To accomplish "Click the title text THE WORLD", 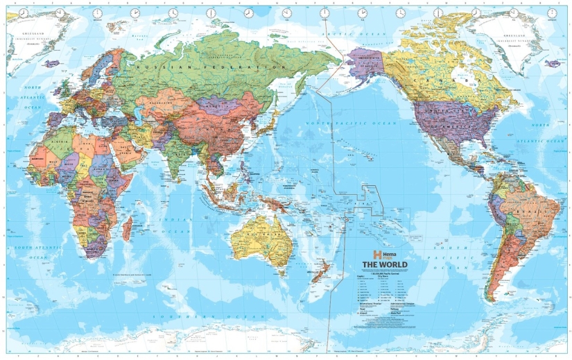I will pyautogui.click(x=388, y=265).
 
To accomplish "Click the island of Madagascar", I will pyautogui.click(x=128, y=228).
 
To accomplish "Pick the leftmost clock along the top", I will pyautogui.click(x=23, y=12).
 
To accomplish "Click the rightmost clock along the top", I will pyautogui.click(x=553, y=12).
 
